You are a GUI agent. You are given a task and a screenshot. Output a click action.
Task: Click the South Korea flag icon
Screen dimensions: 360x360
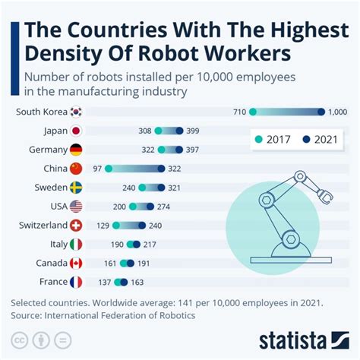pos(76,112)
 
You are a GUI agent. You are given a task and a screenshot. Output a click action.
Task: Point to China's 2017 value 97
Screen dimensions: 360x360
pos(96,169)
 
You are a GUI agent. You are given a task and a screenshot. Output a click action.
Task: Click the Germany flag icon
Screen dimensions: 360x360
pos(76,150)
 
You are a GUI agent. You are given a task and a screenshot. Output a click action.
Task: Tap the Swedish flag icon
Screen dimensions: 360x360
pos(76,188)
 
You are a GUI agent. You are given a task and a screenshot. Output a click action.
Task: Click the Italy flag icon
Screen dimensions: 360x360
pos(76,245)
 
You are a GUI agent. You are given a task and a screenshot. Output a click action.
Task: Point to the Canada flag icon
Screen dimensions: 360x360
pos(76,264)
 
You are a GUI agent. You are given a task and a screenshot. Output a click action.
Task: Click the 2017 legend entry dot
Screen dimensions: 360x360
pos(259,140)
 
